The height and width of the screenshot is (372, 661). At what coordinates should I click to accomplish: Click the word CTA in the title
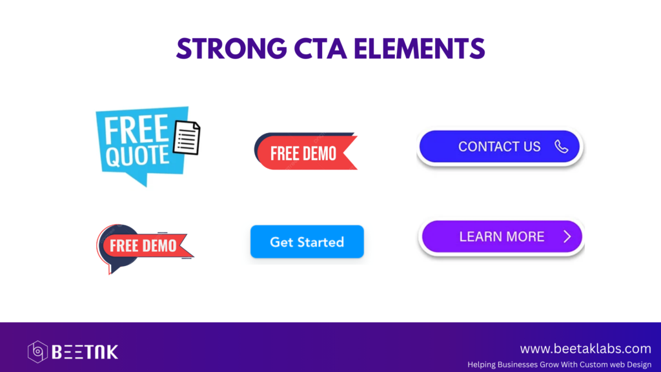[320, 48]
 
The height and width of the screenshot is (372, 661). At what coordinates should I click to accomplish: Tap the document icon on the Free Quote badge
[187, 138]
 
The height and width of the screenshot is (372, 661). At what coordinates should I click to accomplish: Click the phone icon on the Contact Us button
[561, 147]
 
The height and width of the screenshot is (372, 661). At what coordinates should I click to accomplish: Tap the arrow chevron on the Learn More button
[567, 236]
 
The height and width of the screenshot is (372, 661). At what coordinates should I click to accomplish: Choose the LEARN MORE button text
[502, 236]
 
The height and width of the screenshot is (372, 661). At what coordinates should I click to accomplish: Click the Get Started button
[307, 242]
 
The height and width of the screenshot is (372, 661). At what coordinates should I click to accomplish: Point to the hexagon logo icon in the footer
[37, 352]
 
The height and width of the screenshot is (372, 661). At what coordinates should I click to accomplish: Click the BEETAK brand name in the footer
[85, 352]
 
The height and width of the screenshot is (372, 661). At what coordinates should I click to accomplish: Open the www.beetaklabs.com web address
[585, 349]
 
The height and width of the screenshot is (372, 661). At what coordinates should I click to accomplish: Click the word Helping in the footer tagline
[482, 364]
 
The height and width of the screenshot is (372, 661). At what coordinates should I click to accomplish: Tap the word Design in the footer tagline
[638, 364]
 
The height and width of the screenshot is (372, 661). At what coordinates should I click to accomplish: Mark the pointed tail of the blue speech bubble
[145, 184]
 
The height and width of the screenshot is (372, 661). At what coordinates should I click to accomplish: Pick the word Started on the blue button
[325, 242]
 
